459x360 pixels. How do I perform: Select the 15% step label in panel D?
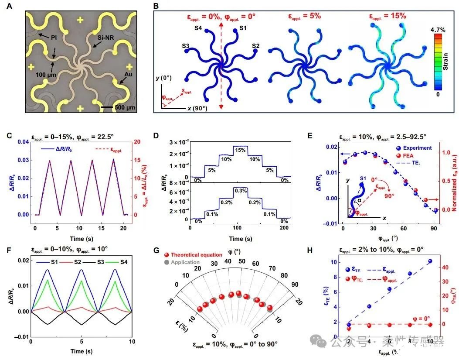(x=240, y=150)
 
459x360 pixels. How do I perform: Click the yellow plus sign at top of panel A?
(x=81, y=20)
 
